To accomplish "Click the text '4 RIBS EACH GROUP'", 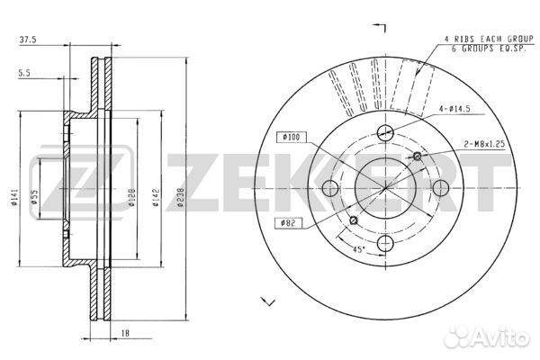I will (x=486, y=39).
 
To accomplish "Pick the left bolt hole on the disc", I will (x=329, y=188).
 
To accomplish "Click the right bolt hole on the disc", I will (x=441, y=188).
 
